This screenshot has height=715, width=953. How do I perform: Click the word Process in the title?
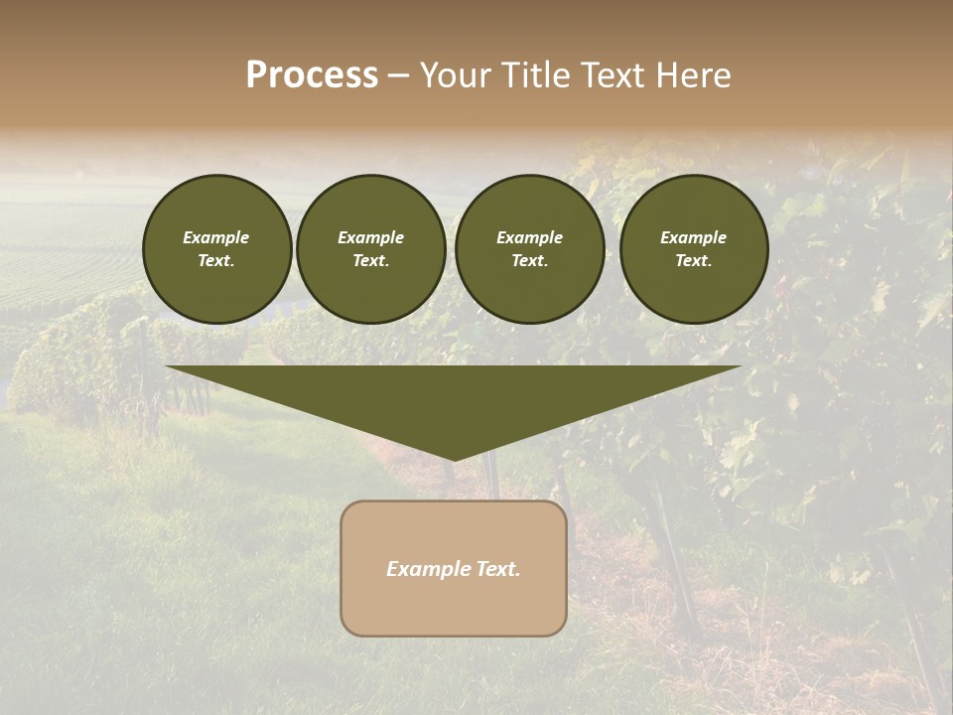pyautogui.click(x=312, y=75)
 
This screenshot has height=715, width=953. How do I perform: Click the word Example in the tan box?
pyautogui.click(x=424, y=569)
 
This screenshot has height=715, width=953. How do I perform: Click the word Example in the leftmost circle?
pyautogui.click(x=216, y=237)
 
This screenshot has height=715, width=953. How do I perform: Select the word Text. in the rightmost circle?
pyautogui.click(x=693, y=261)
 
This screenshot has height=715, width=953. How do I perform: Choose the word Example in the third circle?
pyautogui.click(x=529, y=237)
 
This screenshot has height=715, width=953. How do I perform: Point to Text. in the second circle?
pyautogui.click(x=370, y=261)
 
